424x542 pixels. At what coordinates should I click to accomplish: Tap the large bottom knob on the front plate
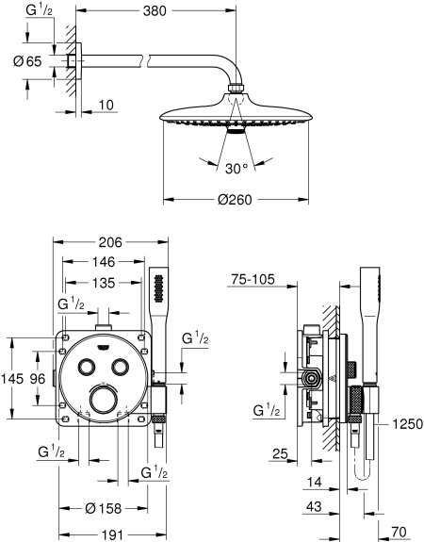click(105, 403)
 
